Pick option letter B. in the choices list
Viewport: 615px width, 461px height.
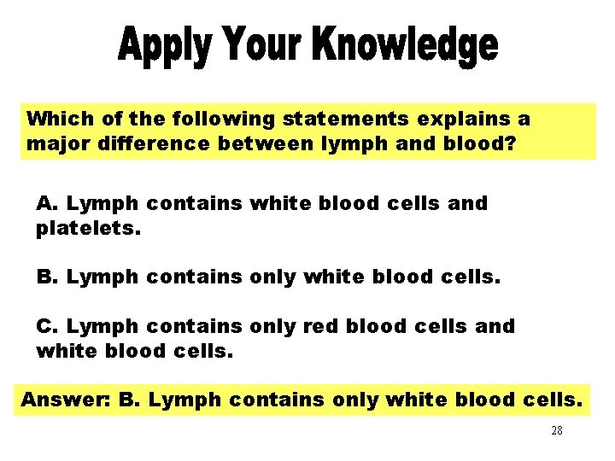click(x=47, y=277)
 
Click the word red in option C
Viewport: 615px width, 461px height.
click(x=334, y=326)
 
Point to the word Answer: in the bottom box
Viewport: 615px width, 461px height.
click(x=60, y=399)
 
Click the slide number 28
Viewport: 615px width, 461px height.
click(x=556, y=431)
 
